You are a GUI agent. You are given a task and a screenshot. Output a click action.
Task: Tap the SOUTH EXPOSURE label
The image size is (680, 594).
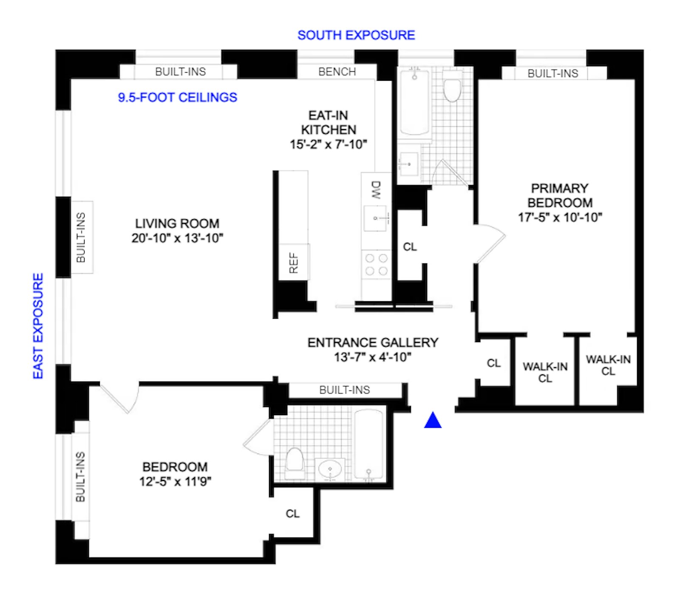[356, 35]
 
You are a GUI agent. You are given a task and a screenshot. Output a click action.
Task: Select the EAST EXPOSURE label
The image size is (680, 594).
[38, 326]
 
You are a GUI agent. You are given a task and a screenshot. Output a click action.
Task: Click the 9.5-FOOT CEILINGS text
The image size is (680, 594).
[178, 97]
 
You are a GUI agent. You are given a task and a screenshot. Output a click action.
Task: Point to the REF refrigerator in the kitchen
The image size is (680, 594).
[294, 262]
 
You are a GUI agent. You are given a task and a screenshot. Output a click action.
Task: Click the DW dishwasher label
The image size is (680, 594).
[376, 190]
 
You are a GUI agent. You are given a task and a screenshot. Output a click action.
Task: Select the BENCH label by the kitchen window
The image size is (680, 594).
[337, 72]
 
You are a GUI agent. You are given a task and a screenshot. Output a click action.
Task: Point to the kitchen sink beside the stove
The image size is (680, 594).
[376, 218]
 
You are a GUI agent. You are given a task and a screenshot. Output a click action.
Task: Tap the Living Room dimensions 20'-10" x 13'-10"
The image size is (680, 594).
[177, 238]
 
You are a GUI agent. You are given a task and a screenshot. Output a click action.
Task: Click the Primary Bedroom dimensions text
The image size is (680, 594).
[560, 218]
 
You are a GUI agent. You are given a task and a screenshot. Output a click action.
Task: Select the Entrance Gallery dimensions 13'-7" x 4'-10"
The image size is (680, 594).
[373, 357]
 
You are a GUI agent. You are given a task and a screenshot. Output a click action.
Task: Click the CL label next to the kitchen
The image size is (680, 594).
[410, 247]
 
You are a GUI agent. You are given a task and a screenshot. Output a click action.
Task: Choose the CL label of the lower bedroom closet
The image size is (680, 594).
[293, 514]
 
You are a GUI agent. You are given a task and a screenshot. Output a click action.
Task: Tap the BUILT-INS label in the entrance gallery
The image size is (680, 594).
[345, 390]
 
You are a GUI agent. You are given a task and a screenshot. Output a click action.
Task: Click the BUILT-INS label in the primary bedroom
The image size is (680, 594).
[553, 74]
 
